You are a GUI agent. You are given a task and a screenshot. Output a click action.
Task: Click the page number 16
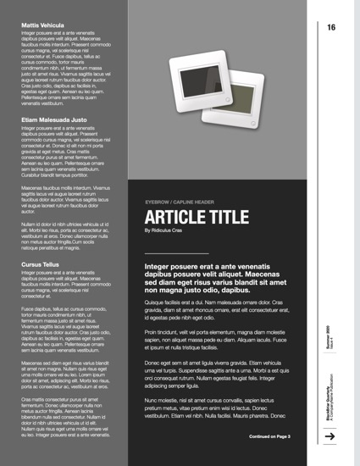(331, 28)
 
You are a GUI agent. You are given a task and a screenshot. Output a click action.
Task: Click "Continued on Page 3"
(270, 437)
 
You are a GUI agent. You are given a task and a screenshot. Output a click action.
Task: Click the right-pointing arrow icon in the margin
(331, 435)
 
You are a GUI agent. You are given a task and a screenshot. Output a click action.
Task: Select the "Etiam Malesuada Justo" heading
(54, 120)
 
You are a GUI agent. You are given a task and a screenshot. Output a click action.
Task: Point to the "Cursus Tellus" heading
(41, 264)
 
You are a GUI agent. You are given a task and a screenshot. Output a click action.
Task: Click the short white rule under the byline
(175, 252)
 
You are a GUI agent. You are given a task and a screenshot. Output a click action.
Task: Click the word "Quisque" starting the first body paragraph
(157, 302)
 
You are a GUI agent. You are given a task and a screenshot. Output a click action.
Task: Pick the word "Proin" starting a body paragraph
(153, 332)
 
